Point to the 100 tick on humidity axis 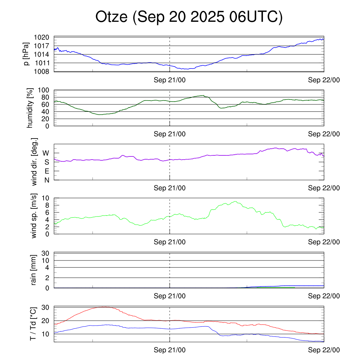click(x=46, y=90)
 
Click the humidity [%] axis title click(x=30, y=108)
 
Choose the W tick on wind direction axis click(x=46, y=153)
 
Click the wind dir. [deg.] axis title click(x=34, y=162)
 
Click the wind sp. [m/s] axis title click(x=34, y=216)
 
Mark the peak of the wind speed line click(x=235, y=201)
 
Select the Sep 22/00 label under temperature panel click(x=324, y=350)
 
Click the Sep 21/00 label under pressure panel click(x=170, y=80)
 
